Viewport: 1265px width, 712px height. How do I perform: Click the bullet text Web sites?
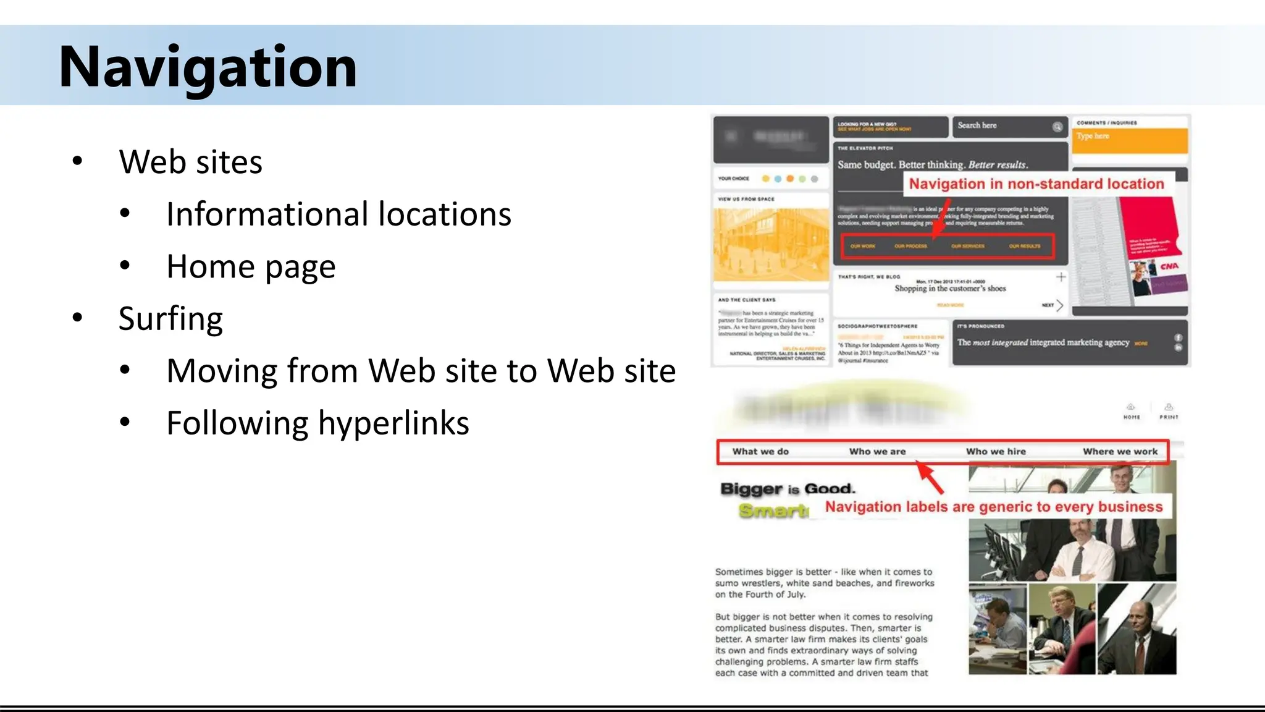pyautogui.click(x=190, y=162)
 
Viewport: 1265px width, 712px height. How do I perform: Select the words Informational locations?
pyautogui.click(x=338, y=214)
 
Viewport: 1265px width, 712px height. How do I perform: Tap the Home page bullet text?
pyautogui.click(x=251, y=266)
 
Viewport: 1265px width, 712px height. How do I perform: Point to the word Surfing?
pyautogui.click(x=170, y=319)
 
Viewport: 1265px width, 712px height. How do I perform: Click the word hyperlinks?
pyautogui.click(x=393, y=423)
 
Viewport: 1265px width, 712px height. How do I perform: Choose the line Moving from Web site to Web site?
pyautogui.click(x=421, y=371)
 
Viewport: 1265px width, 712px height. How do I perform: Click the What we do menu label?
pyautogui.click(x=760, y=452)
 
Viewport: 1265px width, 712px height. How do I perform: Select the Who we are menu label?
pyautogui.click(x=877, y=452)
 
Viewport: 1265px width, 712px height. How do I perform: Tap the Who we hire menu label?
pyautogui.click(x=996, y=452)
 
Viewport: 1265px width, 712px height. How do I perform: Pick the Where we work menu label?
pyautogui.click(x=1120, y=452)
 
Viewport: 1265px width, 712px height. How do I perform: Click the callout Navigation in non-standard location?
pyautogui.click(x=1036, y=184)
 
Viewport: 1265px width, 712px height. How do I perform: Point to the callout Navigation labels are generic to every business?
pyautogui.click(x=993, y=507)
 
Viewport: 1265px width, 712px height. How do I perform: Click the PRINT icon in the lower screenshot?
pyautogui.click(x=1169, y=410)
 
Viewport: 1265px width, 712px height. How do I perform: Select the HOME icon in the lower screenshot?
pyautogui.click(x=1131, y=410)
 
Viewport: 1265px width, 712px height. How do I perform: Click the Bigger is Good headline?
pyautogui.click(x=788, y=489)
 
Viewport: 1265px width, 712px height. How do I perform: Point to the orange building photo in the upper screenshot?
pyautogui.click(x=771, y=245)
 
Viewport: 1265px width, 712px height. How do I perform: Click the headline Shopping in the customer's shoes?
pyautogui.click(x=950, y=289)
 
